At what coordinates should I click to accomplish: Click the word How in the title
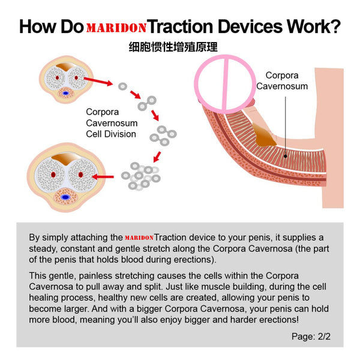point(37,27)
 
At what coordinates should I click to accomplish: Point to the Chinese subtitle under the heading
point(180,47)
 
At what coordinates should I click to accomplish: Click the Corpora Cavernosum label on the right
point(282,81)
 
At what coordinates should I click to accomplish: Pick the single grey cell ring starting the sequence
point(122,86)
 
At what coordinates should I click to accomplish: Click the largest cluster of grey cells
point(141,175)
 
